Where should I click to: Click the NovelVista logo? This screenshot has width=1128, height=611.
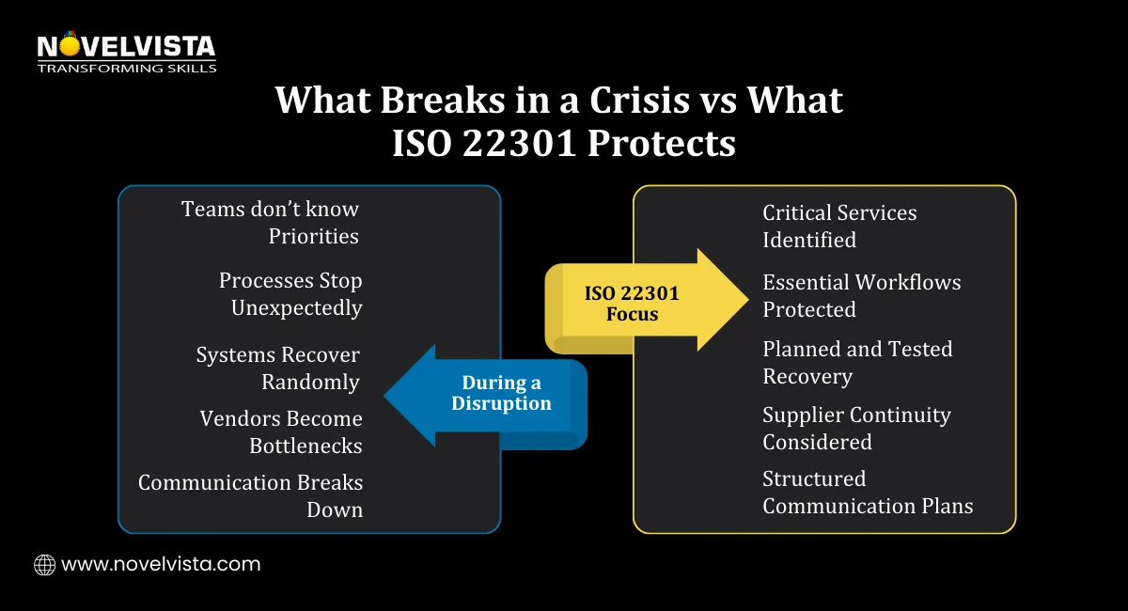pos(126,46)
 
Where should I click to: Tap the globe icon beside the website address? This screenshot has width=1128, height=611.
pos(44,564)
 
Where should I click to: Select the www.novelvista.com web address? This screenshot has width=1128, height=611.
pos(161,564)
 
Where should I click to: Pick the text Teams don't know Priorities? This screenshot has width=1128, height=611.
pos(270,223)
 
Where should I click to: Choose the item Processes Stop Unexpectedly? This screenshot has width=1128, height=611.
pos(290,294)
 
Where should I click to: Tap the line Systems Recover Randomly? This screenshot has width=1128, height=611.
pos(278,368)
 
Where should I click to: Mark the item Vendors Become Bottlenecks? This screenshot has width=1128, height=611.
pos(281,432)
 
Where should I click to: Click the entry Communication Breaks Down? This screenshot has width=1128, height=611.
pos(250,495)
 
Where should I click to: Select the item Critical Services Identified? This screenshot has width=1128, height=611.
pos(839,227)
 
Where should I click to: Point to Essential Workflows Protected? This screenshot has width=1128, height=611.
pos(861,296)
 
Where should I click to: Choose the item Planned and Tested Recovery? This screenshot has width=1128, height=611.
pos(857,363)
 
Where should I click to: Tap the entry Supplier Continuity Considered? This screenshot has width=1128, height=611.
pos(856,429)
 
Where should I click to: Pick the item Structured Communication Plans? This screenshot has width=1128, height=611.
pos(868,493)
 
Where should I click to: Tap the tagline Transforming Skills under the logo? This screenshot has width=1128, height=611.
pos(126,68)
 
